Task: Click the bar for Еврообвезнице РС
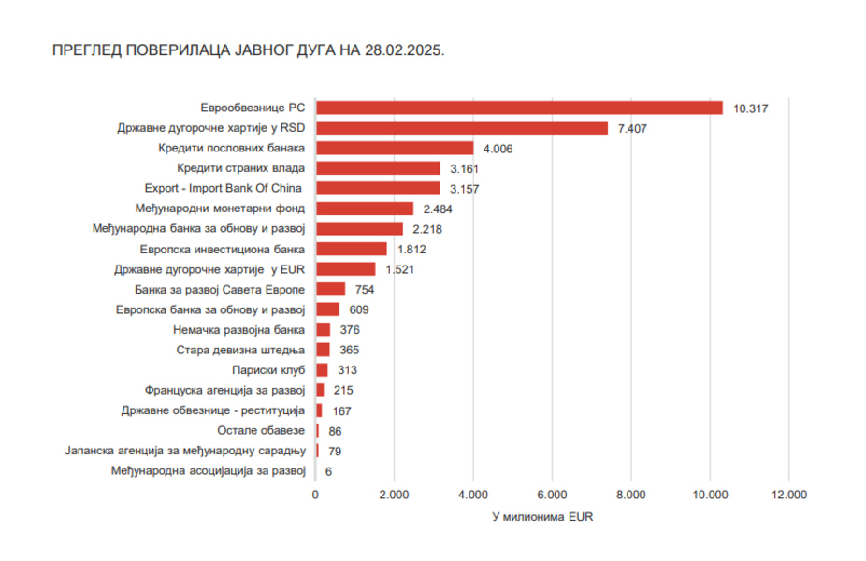point(519,108)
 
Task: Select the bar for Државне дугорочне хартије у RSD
point(462,128)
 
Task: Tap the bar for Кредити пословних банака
point(395,148)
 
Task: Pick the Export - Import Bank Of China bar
point(378,189)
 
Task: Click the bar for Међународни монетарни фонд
point(365,209)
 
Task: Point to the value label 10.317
point(751,108)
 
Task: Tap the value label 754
point(366,290)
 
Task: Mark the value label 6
point(328,471)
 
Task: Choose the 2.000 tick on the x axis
point(394,495)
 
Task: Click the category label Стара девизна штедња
point(240,350)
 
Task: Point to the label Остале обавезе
point(261,430)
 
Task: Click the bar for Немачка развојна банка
point(323,329)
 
